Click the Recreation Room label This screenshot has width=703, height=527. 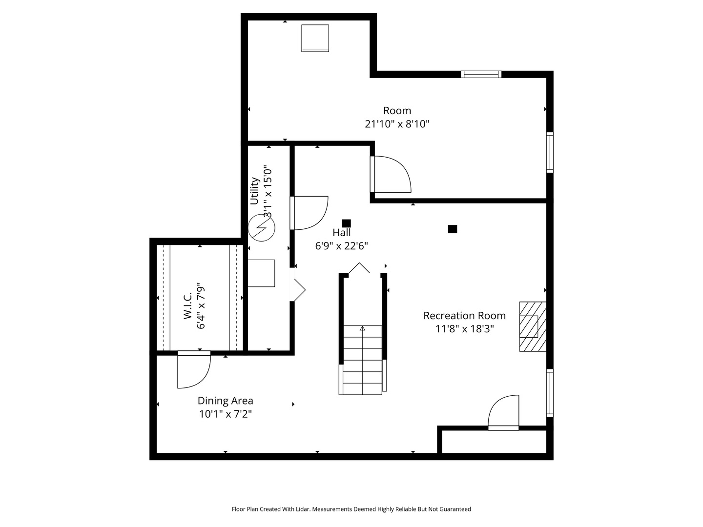click(x=464, y=316)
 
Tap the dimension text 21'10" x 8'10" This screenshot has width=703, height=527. click(x=397, y=124)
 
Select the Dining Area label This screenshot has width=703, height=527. click(x=225, y=401)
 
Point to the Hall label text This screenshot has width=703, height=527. click(x=342, y=233)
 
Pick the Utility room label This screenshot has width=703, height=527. click(x=254, y=191)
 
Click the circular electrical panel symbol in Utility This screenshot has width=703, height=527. click(x=262, y=228)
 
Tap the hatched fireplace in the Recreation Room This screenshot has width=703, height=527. click(x=532, y=326)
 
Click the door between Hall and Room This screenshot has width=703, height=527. click(x=391, y=174)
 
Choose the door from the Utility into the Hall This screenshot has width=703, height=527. click(x=309, y=213)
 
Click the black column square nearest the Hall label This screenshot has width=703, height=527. click(x=346, y=223)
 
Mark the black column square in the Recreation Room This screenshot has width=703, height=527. click(x=453, y=229)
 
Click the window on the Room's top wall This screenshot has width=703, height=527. click(x=481, y=74)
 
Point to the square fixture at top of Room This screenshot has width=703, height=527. click(x=315, y=38)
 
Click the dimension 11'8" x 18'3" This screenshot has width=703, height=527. click(x=464, y=329)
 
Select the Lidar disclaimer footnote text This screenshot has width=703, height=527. click(x=351, y=509)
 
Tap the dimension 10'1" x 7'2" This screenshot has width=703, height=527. click(x=225, y=414)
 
